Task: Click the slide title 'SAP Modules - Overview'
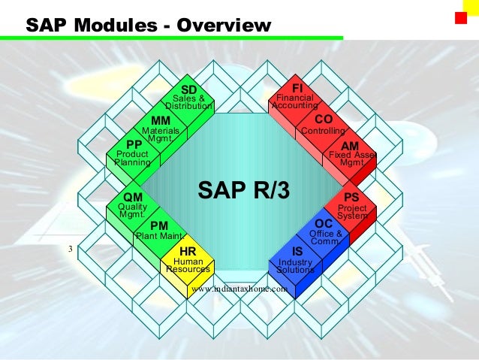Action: click(148, 26)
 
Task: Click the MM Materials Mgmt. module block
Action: click(161, 127)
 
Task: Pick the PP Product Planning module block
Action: click(133, 153)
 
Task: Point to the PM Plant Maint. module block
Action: click(158, 231)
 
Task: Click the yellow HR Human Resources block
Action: click(188, 259)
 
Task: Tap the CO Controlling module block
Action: click(323, 125)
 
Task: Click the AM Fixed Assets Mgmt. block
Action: click(351, 153)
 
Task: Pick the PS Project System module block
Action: click(351, 205)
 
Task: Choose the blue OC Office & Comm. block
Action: click(324, 231)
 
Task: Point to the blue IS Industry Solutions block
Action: click(297, 259)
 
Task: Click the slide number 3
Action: click(70, 249)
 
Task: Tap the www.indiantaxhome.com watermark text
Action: click(240, 288)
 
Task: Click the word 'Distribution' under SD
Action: click(189, 106)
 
